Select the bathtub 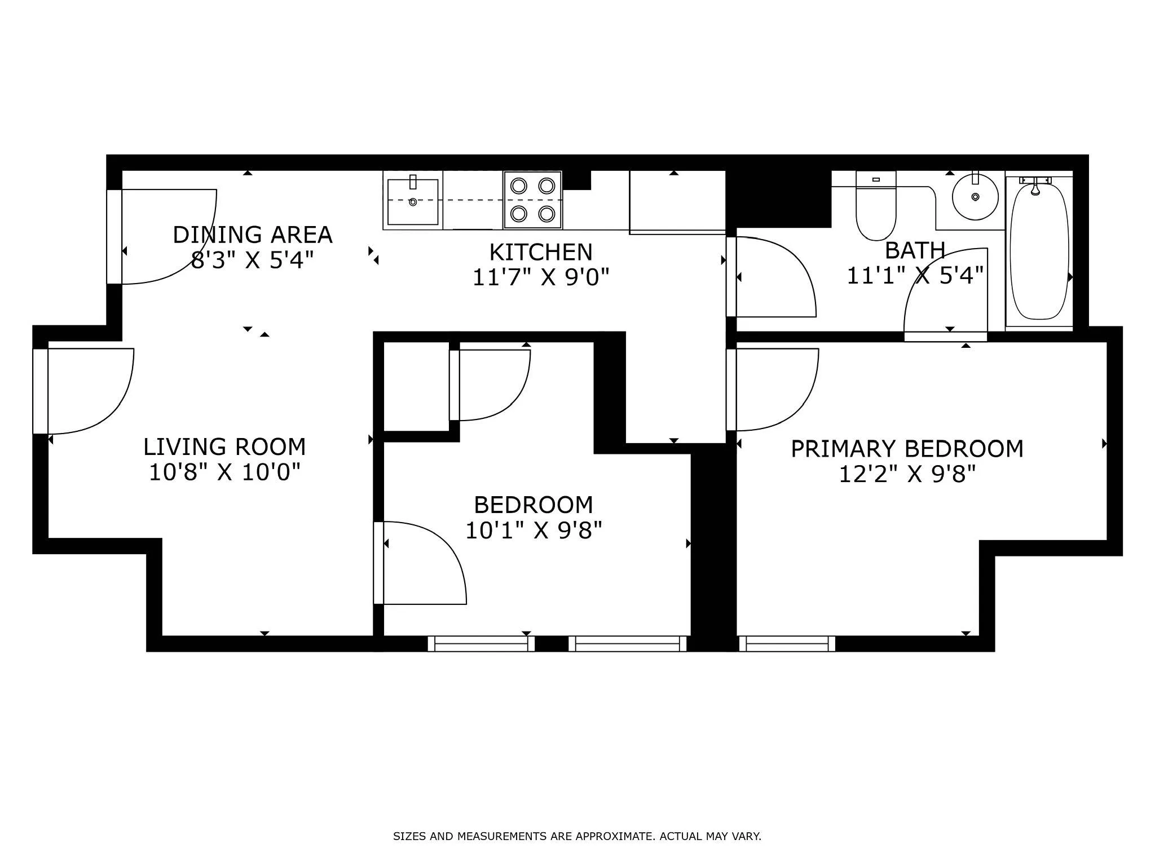click(x=1039, y=251)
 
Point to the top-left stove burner click(x=518, y=185)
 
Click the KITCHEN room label click(x=541, y=252)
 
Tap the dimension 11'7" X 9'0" click(x=541, y=277)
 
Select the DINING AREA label click(x=252, y=235)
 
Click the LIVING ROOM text click(x=224, y=447)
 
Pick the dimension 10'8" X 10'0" click(x=224, y=472)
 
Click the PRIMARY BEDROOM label click(x=907, y=449)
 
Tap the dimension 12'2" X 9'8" click(x=907, y=475)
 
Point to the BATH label click(x=915, y=250)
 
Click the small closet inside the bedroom click(x=416, y=386)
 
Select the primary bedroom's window click(x=787, y=643)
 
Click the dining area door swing click(x=169, y=237)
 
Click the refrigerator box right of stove click(x=677, y=201)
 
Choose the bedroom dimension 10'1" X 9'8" click(x=534, y=531)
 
